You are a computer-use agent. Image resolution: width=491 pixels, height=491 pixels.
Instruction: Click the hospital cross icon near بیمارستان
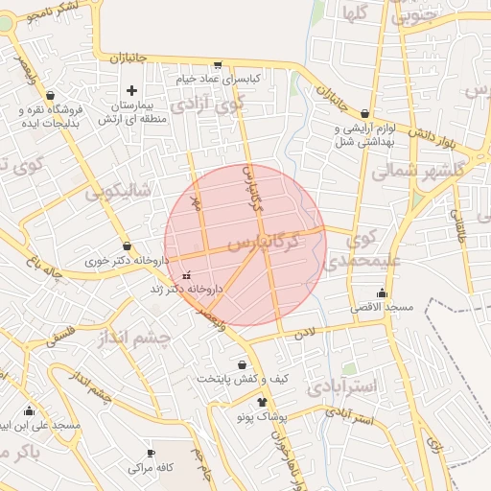coord(131,90)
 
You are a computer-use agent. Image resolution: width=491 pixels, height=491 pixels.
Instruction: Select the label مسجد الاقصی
coord(386,308)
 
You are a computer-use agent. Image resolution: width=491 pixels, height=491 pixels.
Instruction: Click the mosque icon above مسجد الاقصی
coord(383,292)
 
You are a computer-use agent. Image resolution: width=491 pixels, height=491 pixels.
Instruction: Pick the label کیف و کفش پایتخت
coord(243,379)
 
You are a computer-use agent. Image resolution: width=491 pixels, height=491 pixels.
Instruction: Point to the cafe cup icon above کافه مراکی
coord(150,454)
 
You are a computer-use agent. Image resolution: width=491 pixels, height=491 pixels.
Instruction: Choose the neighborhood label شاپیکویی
coord(119,190)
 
